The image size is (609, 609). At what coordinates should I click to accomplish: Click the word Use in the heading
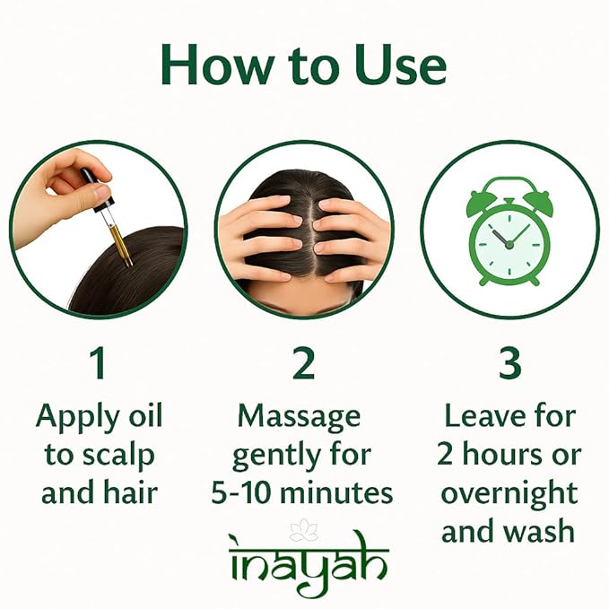(x=394, y=65)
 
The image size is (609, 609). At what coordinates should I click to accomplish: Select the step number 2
(x=304, y=364)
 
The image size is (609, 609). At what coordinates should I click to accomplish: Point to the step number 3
(x=509, y=364)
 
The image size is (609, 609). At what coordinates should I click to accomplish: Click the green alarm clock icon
(x=509, y=231)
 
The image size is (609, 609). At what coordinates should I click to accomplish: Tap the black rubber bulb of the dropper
(x=90, y=178)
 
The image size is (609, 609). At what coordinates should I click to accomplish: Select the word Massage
(x=299, y=416)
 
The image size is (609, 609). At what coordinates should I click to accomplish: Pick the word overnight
(x=509, y=493)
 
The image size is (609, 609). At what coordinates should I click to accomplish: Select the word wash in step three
(x=541, y=532)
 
